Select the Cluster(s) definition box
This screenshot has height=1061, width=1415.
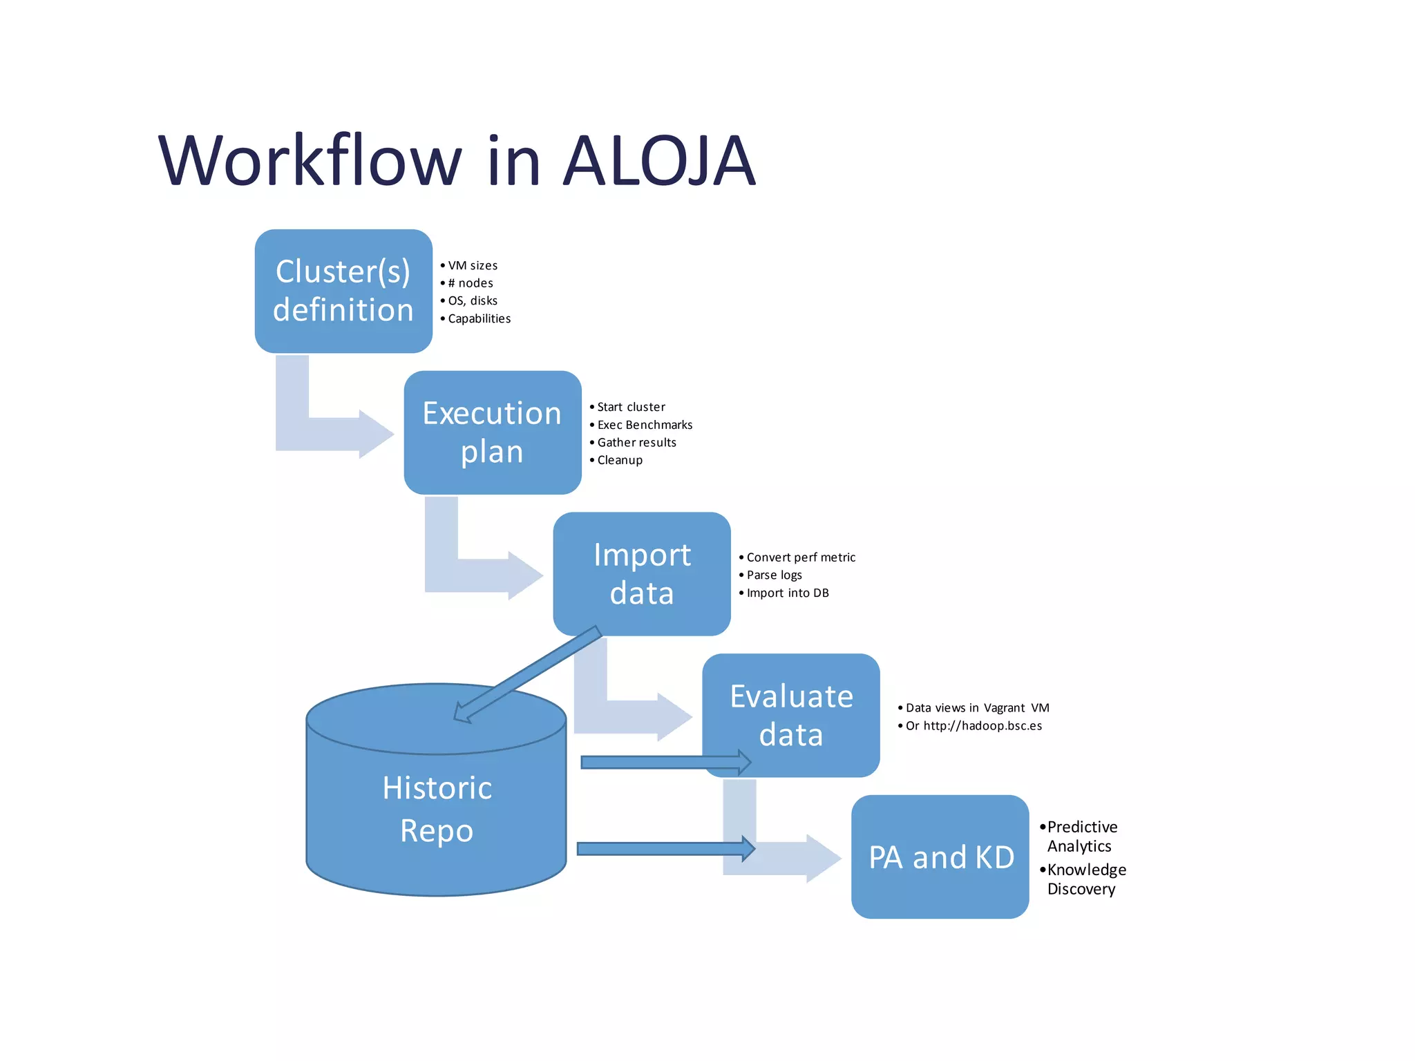343,291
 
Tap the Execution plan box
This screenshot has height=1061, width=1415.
492,432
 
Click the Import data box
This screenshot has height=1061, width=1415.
641,574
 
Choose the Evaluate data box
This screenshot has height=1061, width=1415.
790,715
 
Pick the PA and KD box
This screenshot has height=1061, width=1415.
940,857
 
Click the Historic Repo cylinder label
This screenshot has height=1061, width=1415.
437,809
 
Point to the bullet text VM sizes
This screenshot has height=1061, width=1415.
473,265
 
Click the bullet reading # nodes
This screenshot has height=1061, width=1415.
471,283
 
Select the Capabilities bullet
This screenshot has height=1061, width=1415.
479,318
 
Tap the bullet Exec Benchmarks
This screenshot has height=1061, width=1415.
645,425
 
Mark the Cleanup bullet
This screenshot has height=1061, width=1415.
620,460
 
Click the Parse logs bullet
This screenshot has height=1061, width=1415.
774,575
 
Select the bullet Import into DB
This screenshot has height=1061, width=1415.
788,593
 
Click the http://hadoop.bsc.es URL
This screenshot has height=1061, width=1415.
982,725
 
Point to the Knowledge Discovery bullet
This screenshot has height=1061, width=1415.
1086,879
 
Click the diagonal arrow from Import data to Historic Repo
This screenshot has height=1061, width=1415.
529,674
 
